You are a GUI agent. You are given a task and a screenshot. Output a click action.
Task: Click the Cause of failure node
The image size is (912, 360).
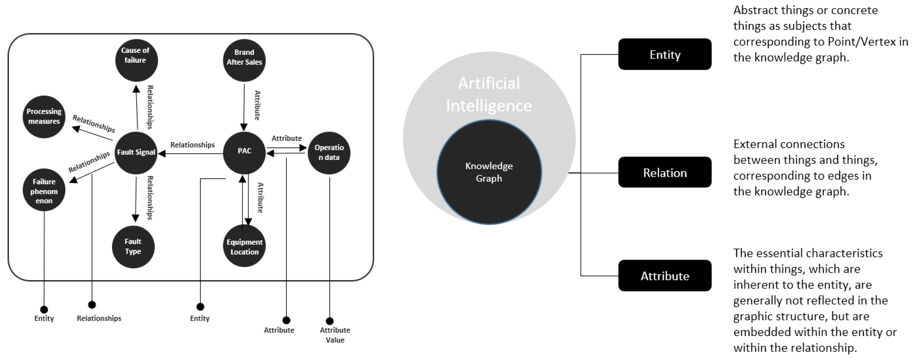(136, 60)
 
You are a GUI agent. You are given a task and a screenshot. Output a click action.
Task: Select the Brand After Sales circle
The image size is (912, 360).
(244, 60)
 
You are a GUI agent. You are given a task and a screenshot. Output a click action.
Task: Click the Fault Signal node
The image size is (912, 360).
(136, 152)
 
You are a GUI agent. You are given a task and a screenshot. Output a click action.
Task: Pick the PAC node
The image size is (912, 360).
(244, 152)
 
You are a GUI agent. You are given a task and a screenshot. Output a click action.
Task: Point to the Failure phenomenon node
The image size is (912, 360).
(44, 191)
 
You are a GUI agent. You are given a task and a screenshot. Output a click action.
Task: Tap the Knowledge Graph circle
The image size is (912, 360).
(489, 172)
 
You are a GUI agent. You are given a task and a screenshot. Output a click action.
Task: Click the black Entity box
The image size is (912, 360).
(665, 55)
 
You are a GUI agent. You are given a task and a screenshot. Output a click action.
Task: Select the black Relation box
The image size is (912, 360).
(665, 172)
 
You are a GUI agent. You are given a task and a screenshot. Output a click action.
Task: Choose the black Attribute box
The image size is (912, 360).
(665, 275)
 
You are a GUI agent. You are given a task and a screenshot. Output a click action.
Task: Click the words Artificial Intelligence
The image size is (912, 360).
(489, 94)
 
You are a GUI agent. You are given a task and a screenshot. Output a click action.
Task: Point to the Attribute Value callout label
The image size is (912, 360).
(335, 335)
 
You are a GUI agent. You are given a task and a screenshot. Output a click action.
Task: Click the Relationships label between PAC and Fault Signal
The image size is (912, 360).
(192, 145)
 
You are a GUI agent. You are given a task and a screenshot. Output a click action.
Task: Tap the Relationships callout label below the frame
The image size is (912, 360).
(99, 318)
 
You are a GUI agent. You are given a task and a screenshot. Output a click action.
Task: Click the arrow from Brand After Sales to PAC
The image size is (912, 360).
(244, 106)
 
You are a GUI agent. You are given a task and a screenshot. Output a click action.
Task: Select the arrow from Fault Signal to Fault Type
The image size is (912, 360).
(136, 198)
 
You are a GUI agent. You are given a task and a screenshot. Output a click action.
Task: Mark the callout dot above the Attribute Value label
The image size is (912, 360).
(330, 321)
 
